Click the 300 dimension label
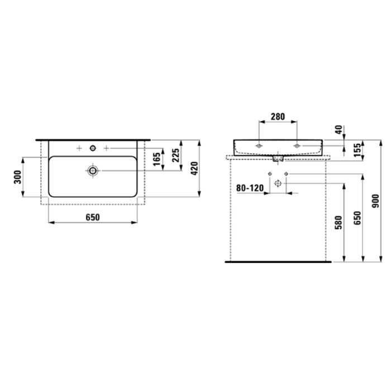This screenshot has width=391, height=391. [18, 177]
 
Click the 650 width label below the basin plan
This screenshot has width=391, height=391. [93, 217]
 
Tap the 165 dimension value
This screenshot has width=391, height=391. [156, 159]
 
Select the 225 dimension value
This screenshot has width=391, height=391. [176, 155]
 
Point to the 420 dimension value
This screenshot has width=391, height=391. [194, 168]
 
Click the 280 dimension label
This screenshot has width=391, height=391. [278, 116]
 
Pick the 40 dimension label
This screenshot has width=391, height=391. [339, 130]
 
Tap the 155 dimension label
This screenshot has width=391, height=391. [357, 150]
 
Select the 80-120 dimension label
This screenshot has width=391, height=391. [250, 188]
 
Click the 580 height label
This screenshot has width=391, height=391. [338, 223]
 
